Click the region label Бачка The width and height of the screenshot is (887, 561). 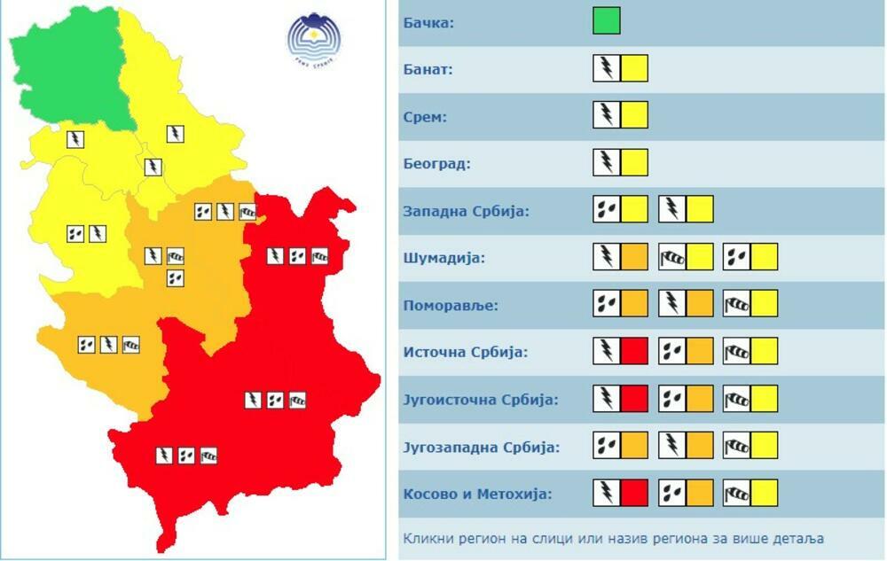click(x=428, y=22)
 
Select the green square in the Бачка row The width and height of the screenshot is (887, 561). click(x=607, y=21)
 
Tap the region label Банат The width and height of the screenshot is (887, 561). click(x=428, y=69)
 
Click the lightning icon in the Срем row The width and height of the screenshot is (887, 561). click(x=607, y=115)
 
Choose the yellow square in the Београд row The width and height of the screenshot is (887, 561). click(x=634, y=162)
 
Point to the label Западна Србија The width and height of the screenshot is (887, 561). click(x=466, y=211)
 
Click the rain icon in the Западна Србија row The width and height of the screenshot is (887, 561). click(x=607, y=210)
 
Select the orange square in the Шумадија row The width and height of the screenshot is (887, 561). click(x=634, y=257)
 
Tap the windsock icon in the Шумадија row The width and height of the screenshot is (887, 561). click(x=672, y=257)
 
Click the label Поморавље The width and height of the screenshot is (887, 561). click(x=451, y=305)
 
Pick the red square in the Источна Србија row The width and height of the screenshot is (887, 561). click(x=634, y=351)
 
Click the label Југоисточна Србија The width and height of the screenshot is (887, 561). click(x=481, y=400)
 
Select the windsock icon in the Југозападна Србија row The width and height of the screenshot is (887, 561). click(x=737, y=446)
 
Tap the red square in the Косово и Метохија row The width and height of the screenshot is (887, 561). click(x=634, y=493)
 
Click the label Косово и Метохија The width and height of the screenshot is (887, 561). click(x=477, y=494)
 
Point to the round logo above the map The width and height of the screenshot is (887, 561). click(x=314, y=39)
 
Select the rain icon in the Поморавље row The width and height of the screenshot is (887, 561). click(x=607, y=304)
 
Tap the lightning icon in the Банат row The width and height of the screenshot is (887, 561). click(x=607, y=68)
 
